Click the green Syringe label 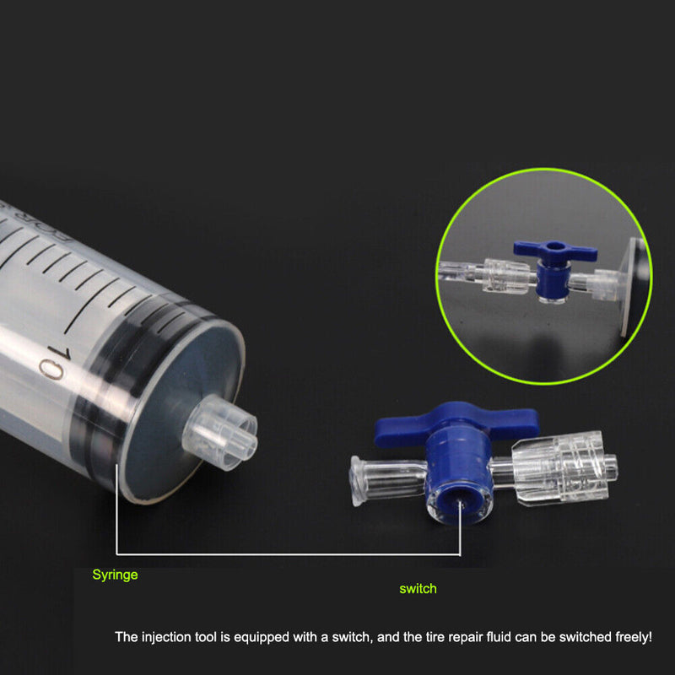115,575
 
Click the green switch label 418,589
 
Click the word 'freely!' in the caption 628,638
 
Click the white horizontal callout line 287,554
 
